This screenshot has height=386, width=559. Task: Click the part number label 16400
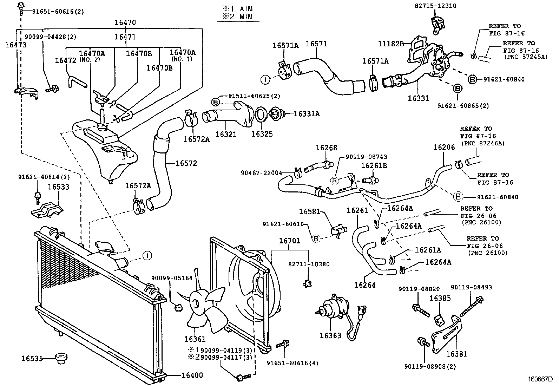coord(192,375)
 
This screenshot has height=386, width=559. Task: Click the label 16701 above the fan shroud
coord(289,241)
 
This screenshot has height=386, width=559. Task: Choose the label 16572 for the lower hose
coord(186,163)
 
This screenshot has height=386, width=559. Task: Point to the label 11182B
coord(389,44)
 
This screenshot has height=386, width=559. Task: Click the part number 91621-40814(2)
coord(44,177)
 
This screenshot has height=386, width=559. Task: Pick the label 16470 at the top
coord(125,22)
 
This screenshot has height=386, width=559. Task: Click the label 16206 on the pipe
coord(444,147)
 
